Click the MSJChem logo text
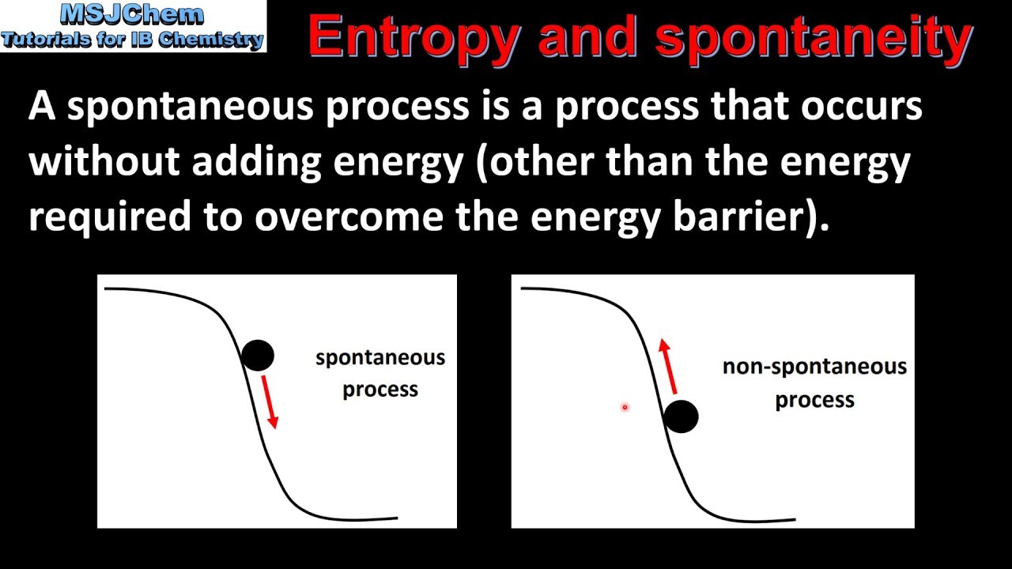point(131,14)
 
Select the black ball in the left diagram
point(258,356)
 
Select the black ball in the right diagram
point(681,416)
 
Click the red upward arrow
point(668,366)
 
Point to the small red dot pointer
point(625,407)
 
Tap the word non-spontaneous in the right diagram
point(814,367)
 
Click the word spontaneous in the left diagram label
point(380,358)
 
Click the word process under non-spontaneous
point(814,401)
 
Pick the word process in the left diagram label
point(380,390)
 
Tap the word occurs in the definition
point(862,107)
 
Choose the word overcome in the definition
point(349,217)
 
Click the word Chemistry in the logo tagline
point(210,40)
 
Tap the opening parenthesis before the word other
point(482,164)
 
